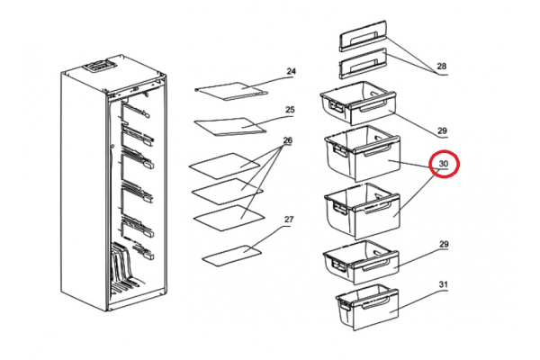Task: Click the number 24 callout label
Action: pos(291,71)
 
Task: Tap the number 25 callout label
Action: pos(290,110)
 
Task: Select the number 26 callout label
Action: pos(288,140)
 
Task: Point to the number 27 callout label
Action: pos(289,219)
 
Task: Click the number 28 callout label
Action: pos(442,66)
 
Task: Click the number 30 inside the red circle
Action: pos(444,164)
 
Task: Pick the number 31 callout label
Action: pos(444,284)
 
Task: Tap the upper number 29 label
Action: pos(442,130)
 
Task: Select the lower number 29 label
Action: pos(444,244)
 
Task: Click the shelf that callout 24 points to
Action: pos(231,91)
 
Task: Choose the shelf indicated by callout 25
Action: pos(230,127)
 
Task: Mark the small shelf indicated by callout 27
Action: pos(232,256)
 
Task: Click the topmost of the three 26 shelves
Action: pos(224,166)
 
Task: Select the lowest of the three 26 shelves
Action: pos(229,218)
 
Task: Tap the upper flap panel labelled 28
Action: pos(364,35)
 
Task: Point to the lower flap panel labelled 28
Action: pos(364,63)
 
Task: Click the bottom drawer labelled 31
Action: pos(367,307)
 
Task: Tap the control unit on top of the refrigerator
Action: pos(98,66)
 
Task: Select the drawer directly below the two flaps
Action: pos(358,103)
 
